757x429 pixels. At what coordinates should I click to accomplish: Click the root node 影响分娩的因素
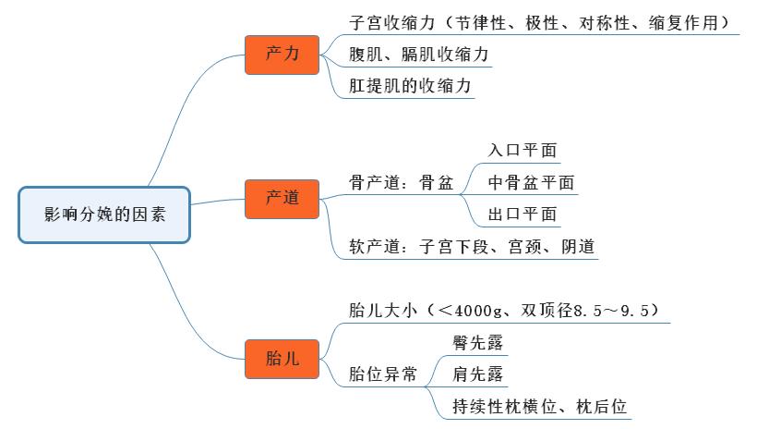pos(104,214)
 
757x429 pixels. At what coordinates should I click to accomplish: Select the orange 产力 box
pos(282,55)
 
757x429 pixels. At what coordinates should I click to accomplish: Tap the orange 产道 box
pos(282,198)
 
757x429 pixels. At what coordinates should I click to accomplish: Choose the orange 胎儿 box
pos(282,359)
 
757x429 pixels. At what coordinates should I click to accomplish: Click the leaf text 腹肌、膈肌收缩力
pos(419,55)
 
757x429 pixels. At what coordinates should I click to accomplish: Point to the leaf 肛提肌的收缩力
pos(411,86)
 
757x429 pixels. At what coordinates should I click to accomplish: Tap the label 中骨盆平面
pos(531,182)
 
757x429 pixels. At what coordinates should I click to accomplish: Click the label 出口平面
pos(523,214)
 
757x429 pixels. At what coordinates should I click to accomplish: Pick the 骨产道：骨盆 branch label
pos(402,183)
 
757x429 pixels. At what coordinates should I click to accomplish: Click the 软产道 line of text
pos(472,247)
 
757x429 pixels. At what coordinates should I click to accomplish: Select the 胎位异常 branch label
pos(382,374)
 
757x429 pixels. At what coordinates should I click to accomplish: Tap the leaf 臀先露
pos(478,343)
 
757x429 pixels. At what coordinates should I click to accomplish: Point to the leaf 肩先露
pos(478,374)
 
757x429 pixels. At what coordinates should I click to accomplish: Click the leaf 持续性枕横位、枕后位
pos(540,406)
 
